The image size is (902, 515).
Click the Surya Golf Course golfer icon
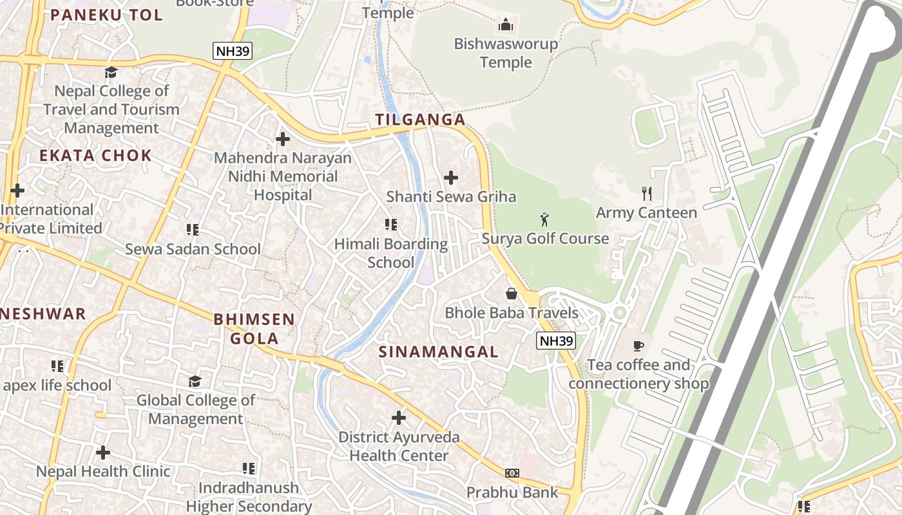(544, 220)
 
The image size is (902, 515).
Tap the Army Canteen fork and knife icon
(647, 193)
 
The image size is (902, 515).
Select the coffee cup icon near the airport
(638, 346)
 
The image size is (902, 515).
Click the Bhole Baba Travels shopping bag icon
(512, 294)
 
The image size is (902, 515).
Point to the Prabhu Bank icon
(512, 473)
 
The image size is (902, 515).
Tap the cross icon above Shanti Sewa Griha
(451, 177)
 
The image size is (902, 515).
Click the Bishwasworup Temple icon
(506, 25)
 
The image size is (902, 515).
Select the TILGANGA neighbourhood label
(420, 120)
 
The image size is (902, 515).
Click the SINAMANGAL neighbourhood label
(438, 351)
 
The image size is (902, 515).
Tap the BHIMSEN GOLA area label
(254, 328)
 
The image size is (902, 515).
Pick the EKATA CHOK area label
(95, 155)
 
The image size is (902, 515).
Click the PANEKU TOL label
(106, 15)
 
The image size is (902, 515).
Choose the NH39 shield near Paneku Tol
(232, 51)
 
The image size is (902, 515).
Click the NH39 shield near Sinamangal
(555, 341)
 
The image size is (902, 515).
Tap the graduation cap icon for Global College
(195, 381)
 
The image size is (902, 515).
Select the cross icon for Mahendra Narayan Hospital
(282, 138)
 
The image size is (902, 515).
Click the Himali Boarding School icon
(390, 225)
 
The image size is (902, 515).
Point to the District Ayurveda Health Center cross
(399, 418)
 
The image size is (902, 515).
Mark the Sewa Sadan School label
(193, 249)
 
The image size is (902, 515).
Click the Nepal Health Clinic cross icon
(102, 453)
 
